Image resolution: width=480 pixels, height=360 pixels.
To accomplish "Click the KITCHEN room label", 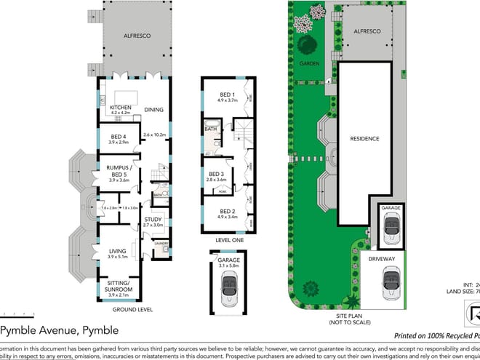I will [119, 108].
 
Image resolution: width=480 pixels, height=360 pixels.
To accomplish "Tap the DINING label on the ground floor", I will [153, 110].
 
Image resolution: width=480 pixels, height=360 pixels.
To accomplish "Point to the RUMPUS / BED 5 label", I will [119, 169].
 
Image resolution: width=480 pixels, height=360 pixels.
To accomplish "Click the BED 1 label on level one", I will [227, 95].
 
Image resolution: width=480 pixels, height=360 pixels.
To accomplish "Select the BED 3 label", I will [217, 174].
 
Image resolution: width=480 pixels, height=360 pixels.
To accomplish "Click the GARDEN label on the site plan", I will [308, 63].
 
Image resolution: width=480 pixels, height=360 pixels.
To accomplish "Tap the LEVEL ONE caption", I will [229, 239].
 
